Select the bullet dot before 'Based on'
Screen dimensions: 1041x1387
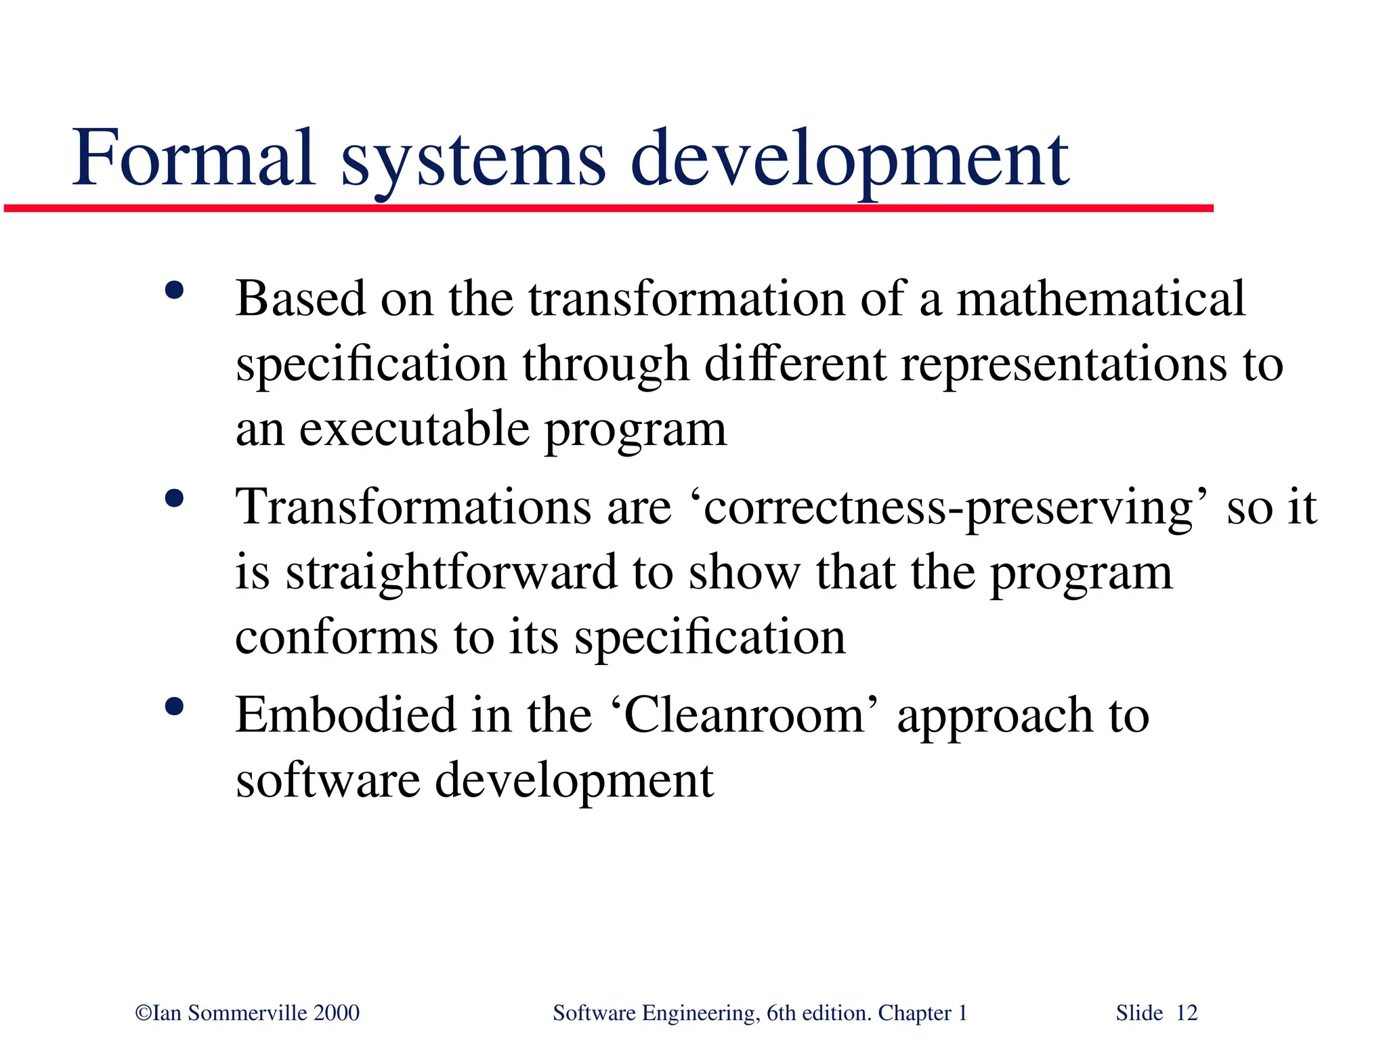175,291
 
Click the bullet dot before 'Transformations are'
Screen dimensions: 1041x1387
175,499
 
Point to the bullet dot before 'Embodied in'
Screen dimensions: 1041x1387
175,707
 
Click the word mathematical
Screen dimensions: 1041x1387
1101,298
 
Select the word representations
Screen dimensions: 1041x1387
1063,364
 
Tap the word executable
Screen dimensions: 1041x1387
414,429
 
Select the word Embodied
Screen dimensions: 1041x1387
345,715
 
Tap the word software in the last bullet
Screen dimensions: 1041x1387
328,780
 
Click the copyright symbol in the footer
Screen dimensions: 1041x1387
143,1013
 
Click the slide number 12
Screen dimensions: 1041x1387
1187,1013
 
